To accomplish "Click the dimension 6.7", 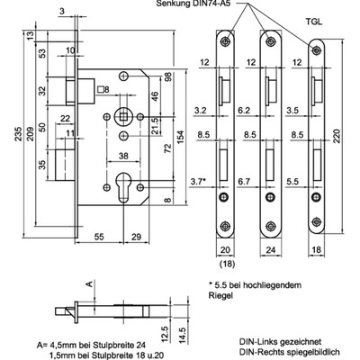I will [x=243, y=181].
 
